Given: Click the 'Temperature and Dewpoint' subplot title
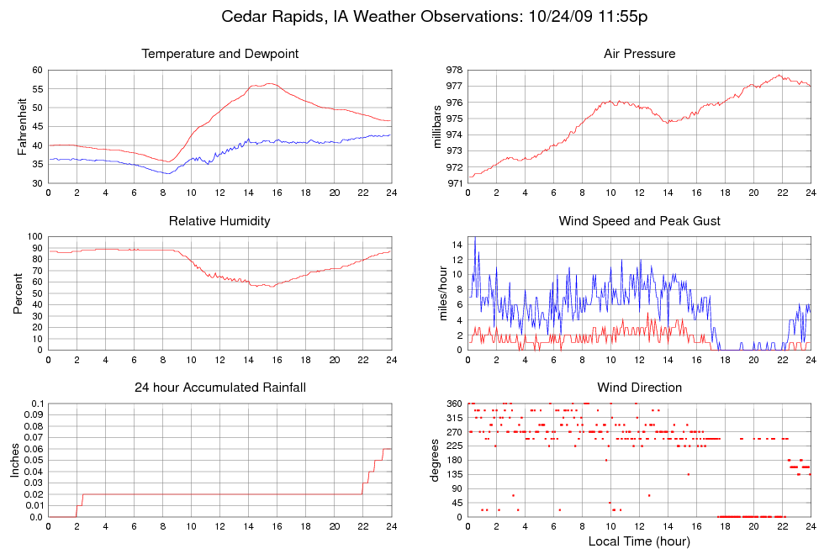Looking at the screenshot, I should click(219, 54).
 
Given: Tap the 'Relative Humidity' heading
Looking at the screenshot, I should click(219, 221).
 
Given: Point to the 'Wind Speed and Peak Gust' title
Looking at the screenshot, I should click(639, 221).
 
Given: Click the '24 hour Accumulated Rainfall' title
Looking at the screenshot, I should click(219, 388).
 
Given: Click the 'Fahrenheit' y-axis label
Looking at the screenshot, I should click(23, 126).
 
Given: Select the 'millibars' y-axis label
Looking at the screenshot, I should click(437, 126).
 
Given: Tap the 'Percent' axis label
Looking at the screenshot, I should click(18, 293).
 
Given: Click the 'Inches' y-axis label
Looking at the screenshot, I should click(15, 460).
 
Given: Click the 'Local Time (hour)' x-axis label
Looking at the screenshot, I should click(639, 541).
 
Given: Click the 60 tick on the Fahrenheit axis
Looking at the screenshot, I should click(37, 70).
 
